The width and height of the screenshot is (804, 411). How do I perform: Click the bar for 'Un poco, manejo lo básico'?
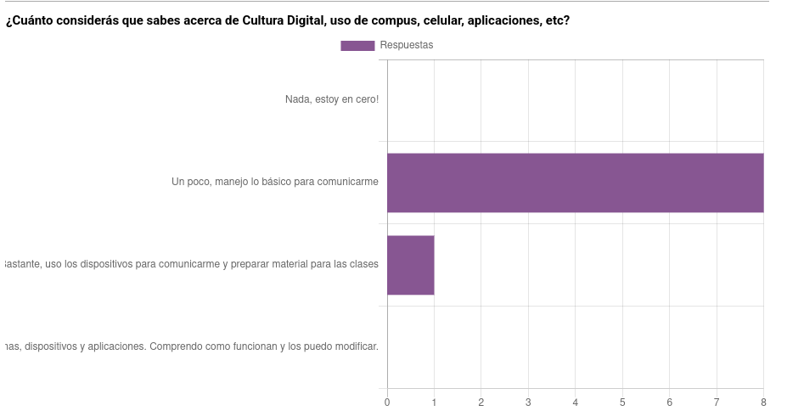tap(575, 183)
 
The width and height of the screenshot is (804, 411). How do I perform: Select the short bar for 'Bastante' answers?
tap(410, 265)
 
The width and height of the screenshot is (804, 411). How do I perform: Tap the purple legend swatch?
tap(357, 46)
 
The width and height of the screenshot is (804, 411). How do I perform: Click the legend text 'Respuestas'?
tap(406, 46)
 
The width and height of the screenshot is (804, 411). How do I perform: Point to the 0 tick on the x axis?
tap(387, 403)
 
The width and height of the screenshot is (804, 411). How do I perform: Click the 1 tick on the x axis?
tap(434, 403)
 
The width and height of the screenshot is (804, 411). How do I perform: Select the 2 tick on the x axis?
tap(481, 403)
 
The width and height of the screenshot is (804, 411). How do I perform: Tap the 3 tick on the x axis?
tap(528, 403)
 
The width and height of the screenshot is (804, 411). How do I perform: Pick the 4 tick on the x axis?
tap(576, 403)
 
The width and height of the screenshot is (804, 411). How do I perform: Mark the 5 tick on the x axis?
tap(622, 403)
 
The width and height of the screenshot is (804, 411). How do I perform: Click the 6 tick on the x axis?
tap(669, 403)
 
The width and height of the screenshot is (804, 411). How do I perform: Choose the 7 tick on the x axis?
tap(717, 403)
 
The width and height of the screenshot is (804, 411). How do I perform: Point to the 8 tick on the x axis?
tap(763, 403)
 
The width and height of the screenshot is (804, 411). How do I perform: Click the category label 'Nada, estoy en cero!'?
tap(331, 100)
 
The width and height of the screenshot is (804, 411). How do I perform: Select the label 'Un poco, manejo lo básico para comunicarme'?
tap(274, 182)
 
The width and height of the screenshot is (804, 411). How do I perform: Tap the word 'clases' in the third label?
tap(363, 264)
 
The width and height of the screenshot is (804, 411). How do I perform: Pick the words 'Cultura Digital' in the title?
tap(282, 20)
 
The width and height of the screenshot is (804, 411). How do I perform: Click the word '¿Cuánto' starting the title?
tap(31, 20)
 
